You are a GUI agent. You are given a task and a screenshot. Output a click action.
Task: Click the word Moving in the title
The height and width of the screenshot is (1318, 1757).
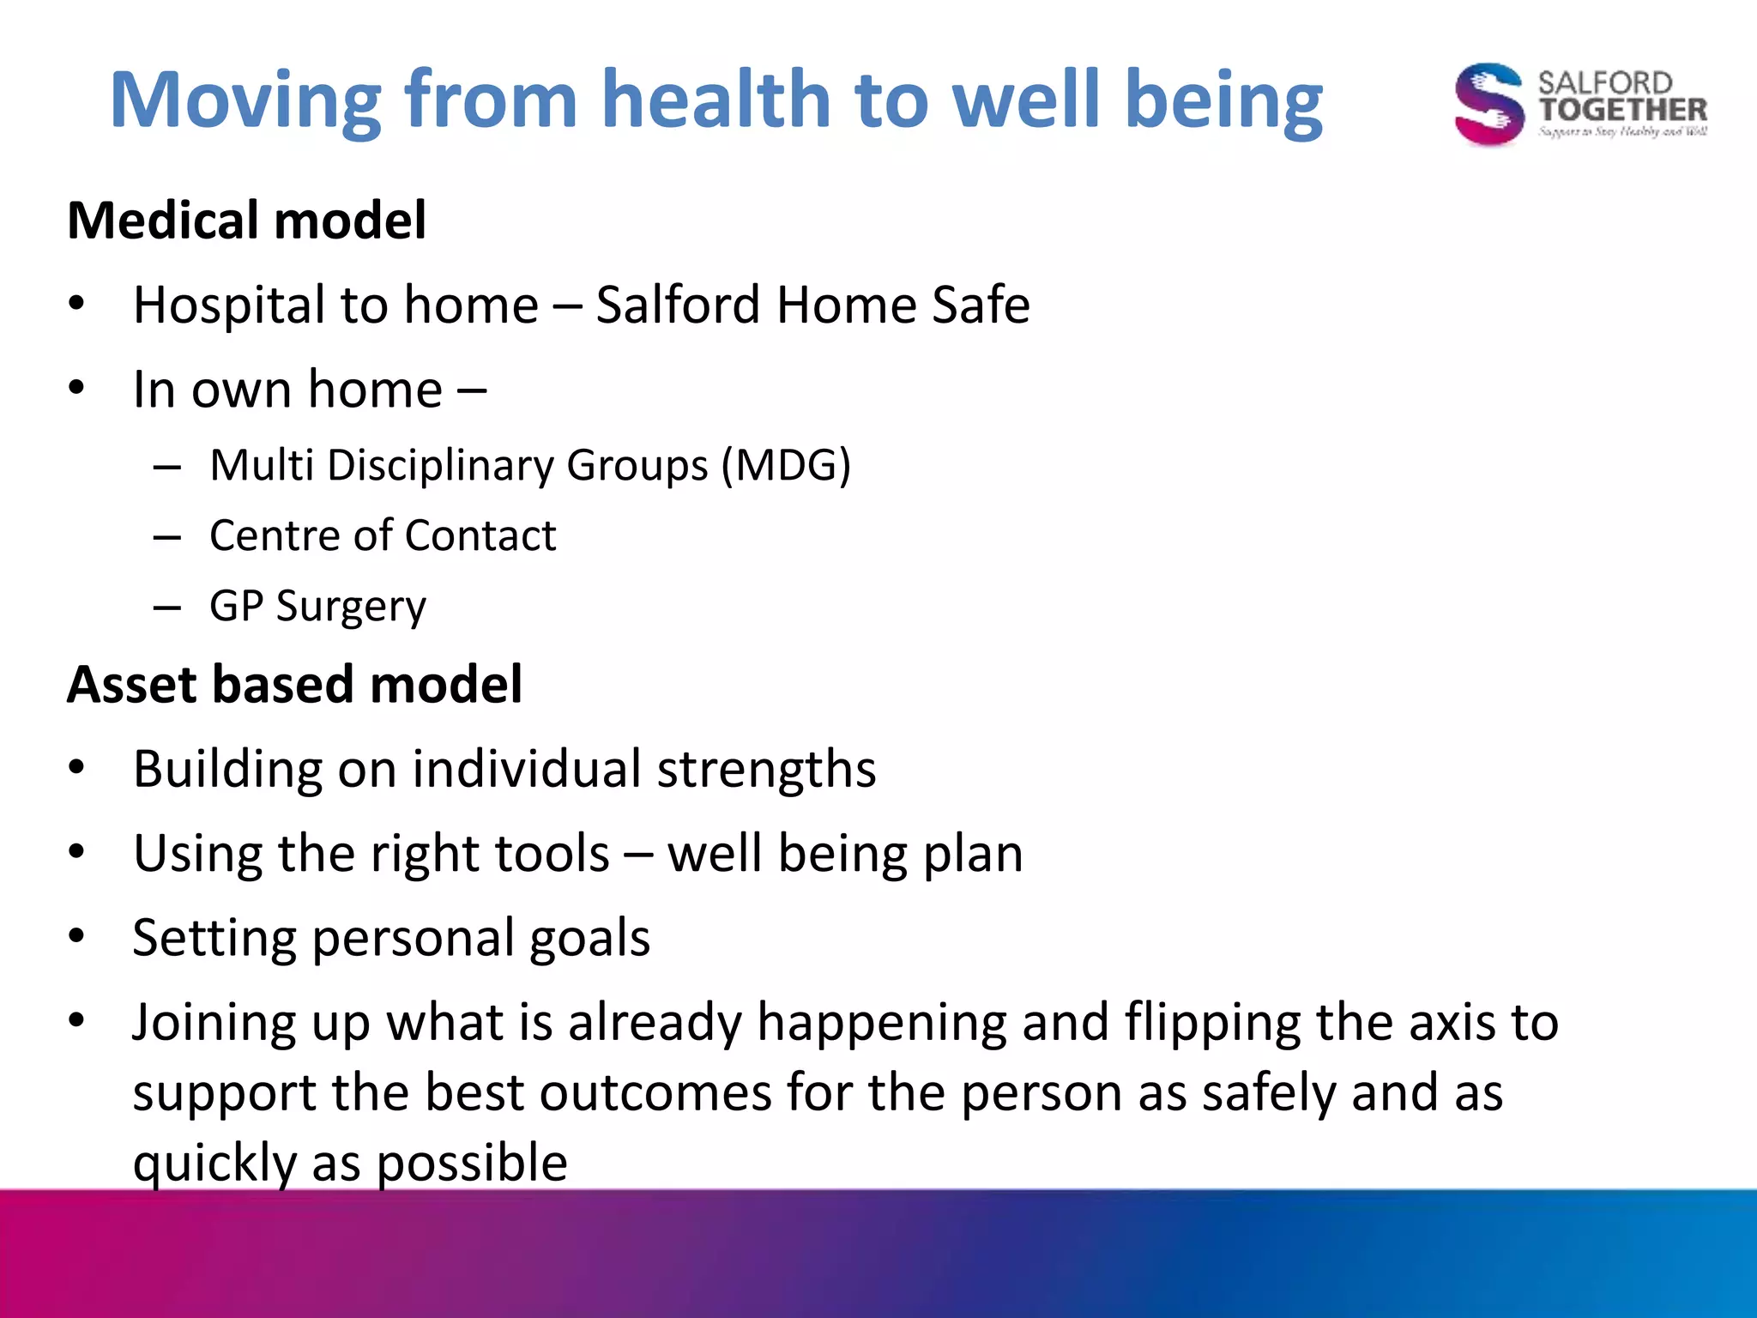(245, 101)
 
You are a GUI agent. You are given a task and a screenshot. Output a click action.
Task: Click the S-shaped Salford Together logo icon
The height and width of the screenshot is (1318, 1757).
(1488, 104)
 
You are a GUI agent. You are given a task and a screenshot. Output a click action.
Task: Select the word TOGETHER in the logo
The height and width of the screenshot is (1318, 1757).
(1621, 110)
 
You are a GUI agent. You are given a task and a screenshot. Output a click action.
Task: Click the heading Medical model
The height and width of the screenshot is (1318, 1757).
(246, 221)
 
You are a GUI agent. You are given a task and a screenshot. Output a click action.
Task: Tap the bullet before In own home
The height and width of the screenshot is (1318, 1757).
(77, 388)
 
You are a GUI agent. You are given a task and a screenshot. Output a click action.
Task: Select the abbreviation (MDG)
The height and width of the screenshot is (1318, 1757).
(786, 466)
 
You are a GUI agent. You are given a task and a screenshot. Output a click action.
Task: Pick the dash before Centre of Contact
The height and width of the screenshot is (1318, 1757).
(166, 538)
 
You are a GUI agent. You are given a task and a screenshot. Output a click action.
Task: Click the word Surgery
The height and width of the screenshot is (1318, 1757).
(351, 608)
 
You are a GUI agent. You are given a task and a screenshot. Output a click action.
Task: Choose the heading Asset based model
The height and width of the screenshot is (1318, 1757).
(294, 685)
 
